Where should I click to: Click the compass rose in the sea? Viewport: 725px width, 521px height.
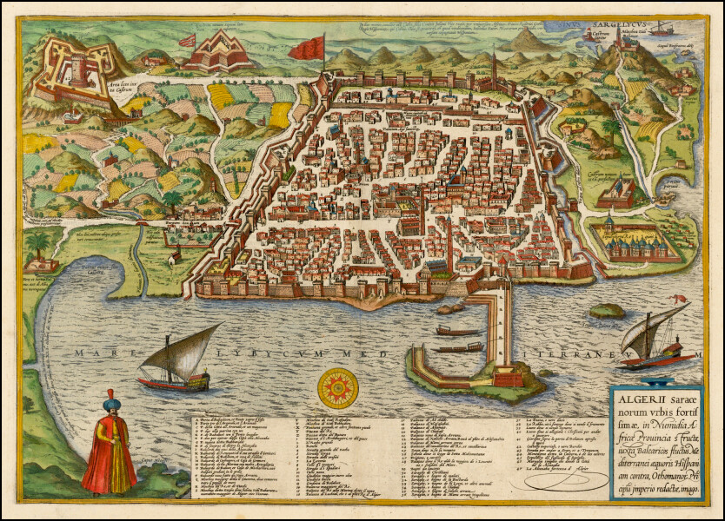tap(337, 388)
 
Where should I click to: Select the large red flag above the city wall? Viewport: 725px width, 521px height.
tap(308, 49)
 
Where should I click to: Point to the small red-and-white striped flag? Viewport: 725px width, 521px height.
tap(187, 40)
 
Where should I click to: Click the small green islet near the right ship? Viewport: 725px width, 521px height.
tap(607, 310)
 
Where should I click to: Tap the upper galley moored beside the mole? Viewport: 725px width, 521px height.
tap(458, 331)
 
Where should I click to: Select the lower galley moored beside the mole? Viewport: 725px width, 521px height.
tap(457, 348)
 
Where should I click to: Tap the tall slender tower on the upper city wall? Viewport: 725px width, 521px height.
tap(493, 67)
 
